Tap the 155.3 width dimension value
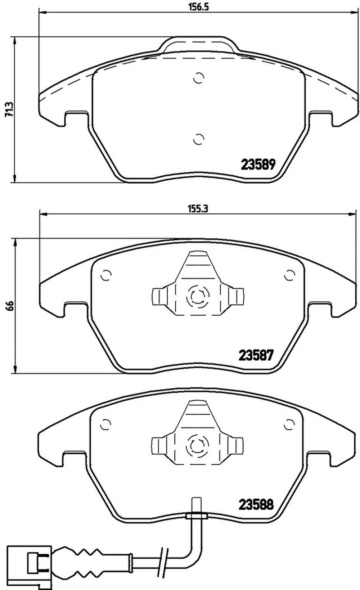[x=198, y=209]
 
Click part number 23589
[x=258, y=165]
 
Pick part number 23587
[x=256, y=355]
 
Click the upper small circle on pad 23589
[x=199, y=78]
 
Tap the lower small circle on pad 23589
[x=199, y=139]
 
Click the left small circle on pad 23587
[x=106, y=275]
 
